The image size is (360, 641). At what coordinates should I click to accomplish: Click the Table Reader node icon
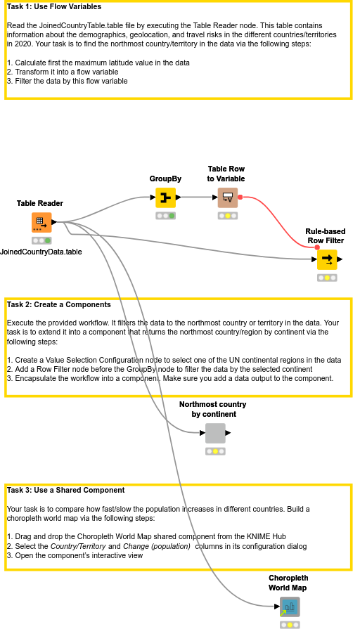tap(41, 223)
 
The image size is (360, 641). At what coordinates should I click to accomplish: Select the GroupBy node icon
tap(165, 198)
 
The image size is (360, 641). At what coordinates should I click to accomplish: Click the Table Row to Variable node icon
tap(227, 198)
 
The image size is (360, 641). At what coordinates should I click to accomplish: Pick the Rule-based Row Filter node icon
tap(327, 259)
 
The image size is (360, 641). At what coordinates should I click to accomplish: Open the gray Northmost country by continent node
tap(215, 433)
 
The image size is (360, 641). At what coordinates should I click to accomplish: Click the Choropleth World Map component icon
tap(289, 607)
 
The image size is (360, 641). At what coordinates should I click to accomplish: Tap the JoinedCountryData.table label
tap(41, 252)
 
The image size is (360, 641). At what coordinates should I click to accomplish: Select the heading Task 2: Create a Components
tap(58, 305)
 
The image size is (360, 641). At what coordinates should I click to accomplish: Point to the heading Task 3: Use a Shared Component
tap(65, 490)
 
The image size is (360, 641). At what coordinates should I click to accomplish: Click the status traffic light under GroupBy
tap(165, 216)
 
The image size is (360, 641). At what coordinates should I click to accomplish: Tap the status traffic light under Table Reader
tap(41, 240)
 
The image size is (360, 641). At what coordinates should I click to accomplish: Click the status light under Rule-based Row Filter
tap(327, 278)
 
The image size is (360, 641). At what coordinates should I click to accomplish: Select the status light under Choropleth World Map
tap(289, 624)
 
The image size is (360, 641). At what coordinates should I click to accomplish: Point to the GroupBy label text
tap(165, 179)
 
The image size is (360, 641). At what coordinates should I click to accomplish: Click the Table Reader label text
tap(40, 204)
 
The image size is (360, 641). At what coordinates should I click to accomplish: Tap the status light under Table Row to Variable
tap(227, 216)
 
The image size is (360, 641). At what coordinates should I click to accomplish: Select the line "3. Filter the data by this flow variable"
tap(67, 81)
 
